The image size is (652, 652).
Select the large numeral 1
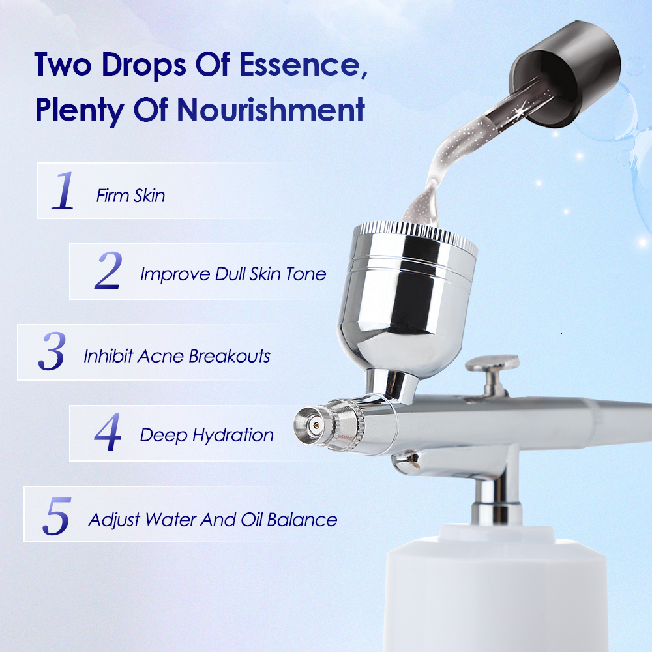pyautogui.click(x=63, y=190)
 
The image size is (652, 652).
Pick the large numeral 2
pyautogui.click(x=108, y=271)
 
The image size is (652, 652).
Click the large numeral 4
pyautogui.click(x=108, y=432)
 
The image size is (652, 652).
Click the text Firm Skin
pyautogui.click(x=130, y=196)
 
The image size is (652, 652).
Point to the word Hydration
pyautogui.click(x=233, y=436)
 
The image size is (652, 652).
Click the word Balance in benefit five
pyautogui.click(x=302, y=520)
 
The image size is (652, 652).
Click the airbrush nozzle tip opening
pyautogui.click(x=316, y=425)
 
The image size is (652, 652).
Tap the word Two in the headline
pyautogui.click(x=63, y=65)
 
